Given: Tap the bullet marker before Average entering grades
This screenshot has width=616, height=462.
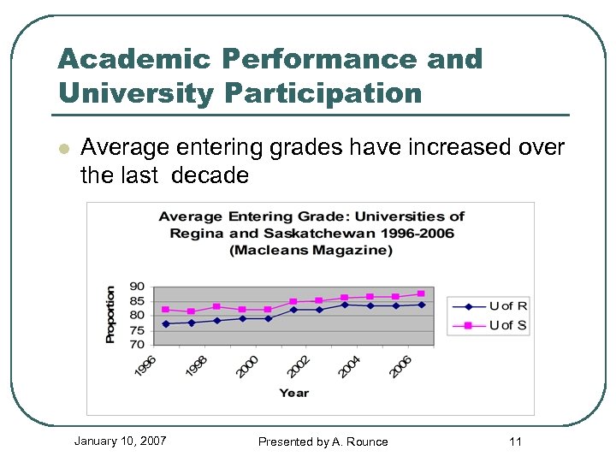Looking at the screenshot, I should [x=62, y=149].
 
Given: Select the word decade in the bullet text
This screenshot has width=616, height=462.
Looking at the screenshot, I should [x=210, y=176].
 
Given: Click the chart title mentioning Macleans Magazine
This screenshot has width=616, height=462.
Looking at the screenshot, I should [x=311, y=233].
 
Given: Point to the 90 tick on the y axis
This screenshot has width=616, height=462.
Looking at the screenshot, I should [x=137, y=287].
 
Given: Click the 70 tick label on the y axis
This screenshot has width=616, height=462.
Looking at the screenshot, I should [x=137, y=345].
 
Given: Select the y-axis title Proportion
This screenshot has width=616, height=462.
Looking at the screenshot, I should [x=110, y=315].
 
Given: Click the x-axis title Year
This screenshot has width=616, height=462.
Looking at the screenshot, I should [x=293, y=393].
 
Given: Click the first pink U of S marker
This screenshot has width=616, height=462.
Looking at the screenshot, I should [x=165, y=310].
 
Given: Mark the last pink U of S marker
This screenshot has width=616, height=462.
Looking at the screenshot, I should [x=421, y=294].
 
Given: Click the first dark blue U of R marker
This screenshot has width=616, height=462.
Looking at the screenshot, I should [x=165, y=324].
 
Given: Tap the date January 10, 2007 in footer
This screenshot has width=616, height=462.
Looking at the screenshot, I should [x=120, y=441].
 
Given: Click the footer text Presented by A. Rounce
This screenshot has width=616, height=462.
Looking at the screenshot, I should [x=323, y=441].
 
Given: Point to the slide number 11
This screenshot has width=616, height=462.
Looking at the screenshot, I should [x=515, y=441].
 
